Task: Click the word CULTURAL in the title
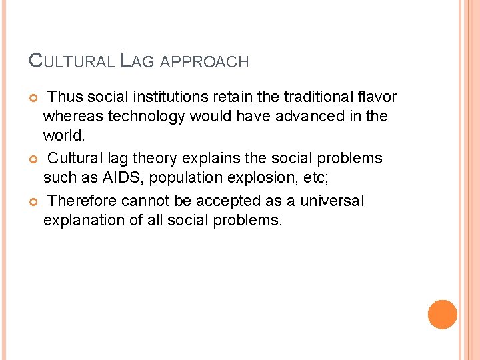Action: (x=73, y=61)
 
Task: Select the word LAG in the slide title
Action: (x=138, y=61)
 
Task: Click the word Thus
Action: (x=65, y=97)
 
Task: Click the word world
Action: (x=63, y=135)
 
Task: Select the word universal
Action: (x=332, y=201)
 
